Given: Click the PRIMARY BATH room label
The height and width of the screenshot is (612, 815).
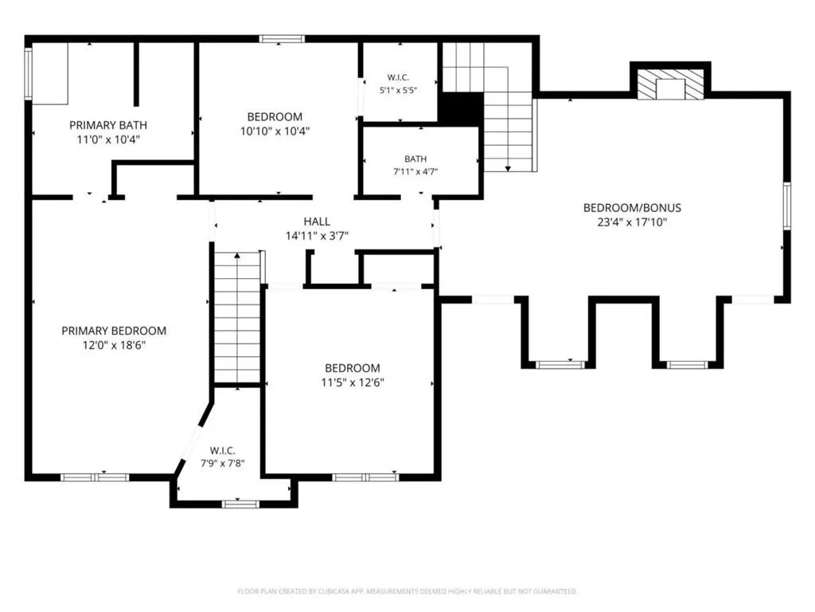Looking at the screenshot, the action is click(108, 125).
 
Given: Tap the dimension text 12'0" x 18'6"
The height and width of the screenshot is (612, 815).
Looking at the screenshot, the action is click(114, 344).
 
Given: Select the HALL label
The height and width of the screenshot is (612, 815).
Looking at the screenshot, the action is click(317, 222).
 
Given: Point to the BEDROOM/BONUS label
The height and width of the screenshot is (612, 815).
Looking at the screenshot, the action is click(632, 208).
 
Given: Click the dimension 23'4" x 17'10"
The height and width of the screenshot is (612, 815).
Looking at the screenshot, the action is click(632, 222).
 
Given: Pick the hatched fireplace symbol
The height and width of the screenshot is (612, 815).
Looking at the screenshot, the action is click(670, 84).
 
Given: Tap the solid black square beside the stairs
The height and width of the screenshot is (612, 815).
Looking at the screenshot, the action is click(461, 108).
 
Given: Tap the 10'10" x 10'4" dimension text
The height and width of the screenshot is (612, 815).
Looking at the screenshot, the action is click(275, 131).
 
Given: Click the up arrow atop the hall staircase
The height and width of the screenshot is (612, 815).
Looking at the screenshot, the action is click(237, 256).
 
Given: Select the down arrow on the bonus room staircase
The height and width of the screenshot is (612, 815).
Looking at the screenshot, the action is click(508, 168).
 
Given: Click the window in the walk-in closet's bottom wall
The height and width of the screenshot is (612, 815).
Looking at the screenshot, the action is click(240, 504).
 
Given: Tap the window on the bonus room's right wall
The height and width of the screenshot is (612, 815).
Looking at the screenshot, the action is click(787, 206).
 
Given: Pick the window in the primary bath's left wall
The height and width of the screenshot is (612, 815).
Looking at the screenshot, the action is click(29, 73).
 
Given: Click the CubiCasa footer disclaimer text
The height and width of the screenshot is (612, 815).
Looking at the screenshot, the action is click(407, 591).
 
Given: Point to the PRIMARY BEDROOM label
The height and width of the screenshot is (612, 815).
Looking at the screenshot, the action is click(114, 331).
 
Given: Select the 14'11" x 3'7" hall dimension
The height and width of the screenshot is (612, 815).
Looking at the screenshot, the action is click(317, 236).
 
